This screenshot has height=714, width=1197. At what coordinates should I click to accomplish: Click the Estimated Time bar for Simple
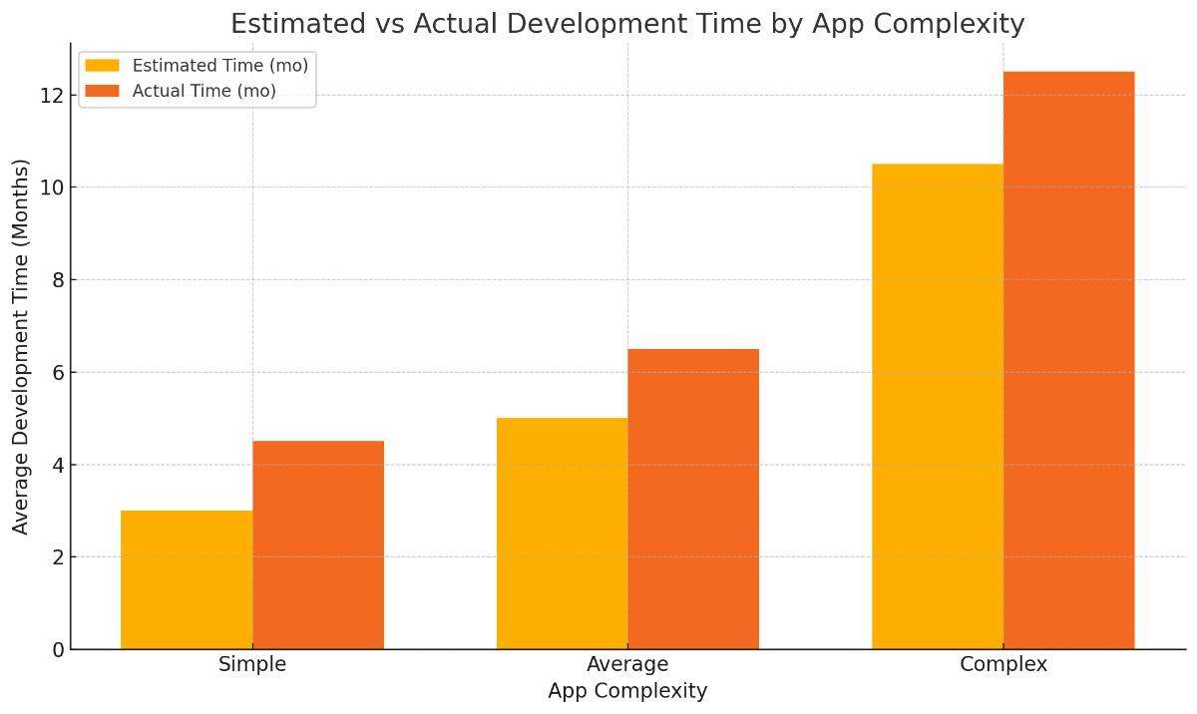point(187,579)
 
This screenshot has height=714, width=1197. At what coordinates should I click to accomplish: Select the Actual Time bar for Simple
point(318,544)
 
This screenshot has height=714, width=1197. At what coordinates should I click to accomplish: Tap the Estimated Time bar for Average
point(562,534)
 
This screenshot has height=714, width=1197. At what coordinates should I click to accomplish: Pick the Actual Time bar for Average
point(693,499)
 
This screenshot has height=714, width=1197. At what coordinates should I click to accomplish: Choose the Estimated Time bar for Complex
point(938,406)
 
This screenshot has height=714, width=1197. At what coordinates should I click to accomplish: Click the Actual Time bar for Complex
point(1068,360)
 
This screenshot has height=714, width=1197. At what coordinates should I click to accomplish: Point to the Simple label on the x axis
point(252,664)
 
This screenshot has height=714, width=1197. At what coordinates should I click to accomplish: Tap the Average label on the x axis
point(627,664)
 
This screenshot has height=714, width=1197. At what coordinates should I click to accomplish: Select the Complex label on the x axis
point(1003,664)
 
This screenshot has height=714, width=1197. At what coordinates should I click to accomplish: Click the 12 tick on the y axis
point(52,96)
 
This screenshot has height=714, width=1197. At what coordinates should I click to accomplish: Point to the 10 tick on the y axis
point(52,187)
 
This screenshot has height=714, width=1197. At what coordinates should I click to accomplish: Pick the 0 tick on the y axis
point(58,650)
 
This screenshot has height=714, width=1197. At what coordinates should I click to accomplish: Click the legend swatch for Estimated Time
point(102,66)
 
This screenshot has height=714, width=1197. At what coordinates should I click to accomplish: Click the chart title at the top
point(627,23)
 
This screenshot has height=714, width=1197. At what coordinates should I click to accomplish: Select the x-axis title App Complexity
point(627,691)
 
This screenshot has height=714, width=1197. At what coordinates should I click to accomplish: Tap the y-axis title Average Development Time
point(21,346)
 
